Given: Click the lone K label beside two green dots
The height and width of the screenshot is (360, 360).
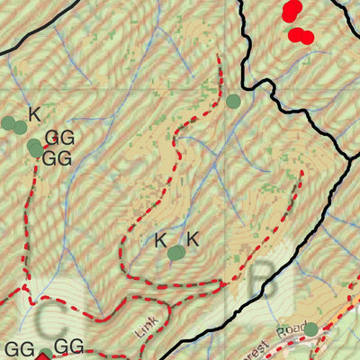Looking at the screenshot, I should (x=35, y=114).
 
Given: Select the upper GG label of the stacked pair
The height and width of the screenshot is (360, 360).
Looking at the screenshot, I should (x=58, y=138).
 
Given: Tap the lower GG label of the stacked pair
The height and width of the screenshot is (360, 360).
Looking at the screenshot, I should (x=57, y=158).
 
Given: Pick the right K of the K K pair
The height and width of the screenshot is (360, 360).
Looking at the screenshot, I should (x=192, y=238).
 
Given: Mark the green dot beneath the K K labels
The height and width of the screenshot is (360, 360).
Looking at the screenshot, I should (x=176, y=254).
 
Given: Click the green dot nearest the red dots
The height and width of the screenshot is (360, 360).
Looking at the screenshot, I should (x=233, y=101).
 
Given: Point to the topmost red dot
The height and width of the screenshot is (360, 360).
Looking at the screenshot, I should (x=292, y=9).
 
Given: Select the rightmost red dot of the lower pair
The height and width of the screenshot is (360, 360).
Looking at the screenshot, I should (x=306, y=38).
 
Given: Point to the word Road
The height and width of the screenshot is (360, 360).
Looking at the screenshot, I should (x=293, y=330).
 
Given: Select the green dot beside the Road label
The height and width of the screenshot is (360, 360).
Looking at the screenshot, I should (x=310, y=330).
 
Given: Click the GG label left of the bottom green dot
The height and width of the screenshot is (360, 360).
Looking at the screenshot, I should (x=19, y=349).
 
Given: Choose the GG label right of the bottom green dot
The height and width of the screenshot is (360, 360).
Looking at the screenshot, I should (x=69, y=347).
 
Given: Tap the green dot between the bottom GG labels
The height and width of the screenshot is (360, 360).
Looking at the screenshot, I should (x=45, y=355).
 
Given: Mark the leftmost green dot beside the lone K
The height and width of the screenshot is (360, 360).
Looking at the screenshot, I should (x=8, y=123).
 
